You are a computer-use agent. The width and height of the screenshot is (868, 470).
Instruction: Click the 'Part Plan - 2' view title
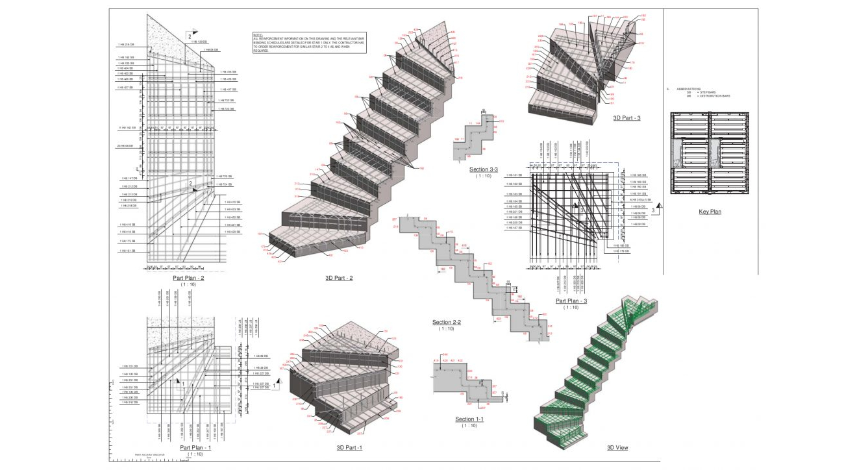click(188, 277)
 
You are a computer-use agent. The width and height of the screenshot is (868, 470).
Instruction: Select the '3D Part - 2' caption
click(339, 278)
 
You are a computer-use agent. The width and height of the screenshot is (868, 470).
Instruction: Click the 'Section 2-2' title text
click(447, 322)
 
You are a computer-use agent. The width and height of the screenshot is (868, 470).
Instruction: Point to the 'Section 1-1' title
click(469, 419)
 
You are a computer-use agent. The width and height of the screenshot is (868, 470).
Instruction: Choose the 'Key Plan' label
click(710, 212)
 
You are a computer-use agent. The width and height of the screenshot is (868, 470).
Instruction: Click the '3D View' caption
click(617, 447)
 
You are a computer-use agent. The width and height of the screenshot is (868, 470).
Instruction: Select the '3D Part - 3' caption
click(626, 118)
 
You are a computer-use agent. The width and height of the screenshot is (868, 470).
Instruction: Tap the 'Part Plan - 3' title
click(571, 301)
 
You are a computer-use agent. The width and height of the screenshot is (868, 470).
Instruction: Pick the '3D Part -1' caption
click(349, 447)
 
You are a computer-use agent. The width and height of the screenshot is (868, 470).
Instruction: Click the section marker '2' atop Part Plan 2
click(190, 37)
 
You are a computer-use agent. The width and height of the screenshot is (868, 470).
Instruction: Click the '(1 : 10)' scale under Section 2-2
click(447, 329)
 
